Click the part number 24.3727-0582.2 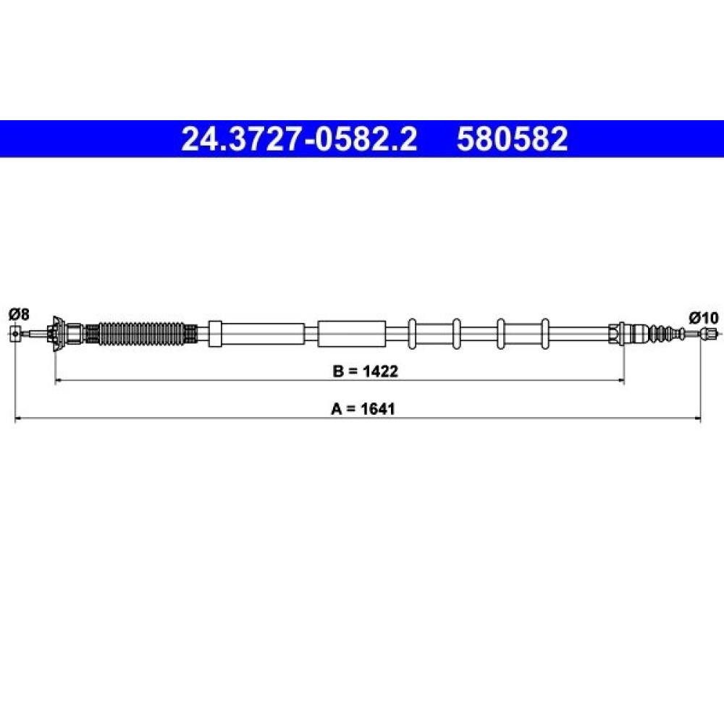point(299,139)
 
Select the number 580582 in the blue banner point(512,139)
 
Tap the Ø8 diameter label point(19,314)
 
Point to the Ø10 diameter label point(704,318)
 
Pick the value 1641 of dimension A point(378,408)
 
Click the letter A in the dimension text point(336,408)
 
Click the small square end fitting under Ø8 point(15,333)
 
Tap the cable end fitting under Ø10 point(709,333)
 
